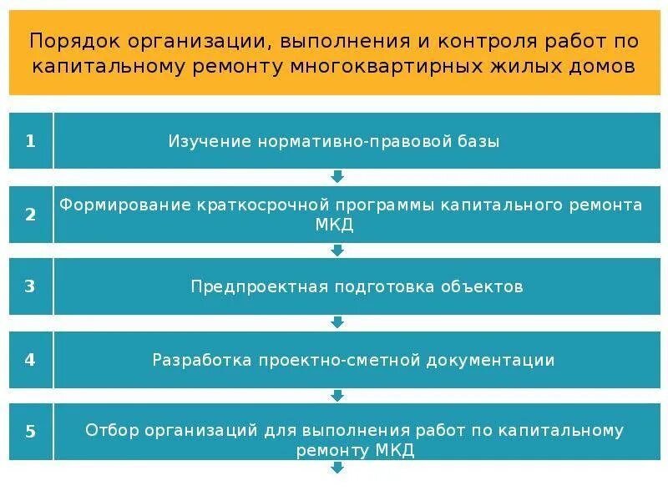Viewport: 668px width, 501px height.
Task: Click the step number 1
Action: click(x=30, y=141)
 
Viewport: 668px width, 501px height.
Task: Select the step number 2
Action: click(x=30, y=215)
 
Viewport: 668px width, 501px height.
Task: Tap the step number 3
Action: click(x=30, y=286)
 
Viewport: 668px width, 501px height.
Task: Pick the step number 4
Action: click(x=30, y=360)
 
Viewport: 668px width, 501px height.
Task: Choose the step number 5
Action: click(x=30, y=432)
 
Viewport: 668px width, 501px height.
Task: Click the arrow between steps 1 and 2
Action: click(x=337, y=176)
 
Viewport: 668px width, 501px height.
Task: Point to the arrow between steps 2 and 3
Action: click(x=337, y=250)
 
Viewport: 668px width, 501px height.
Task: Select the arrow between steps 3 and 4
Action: click(x=337, y=322)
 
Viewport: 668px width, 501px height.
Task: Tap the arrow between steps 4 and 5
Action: click(x=337, y=395)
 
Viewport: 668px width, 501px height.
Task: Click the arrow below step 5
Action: click(x=337, y=468)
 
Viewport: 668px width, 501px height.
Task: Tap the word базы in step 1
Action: click(x=478, y=141)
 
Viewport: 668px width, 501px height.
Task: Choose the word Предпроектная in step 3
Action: click(x=258, y=286)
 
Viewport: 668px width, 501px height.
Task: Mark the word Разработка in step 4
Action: click(x=202, y=360)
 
